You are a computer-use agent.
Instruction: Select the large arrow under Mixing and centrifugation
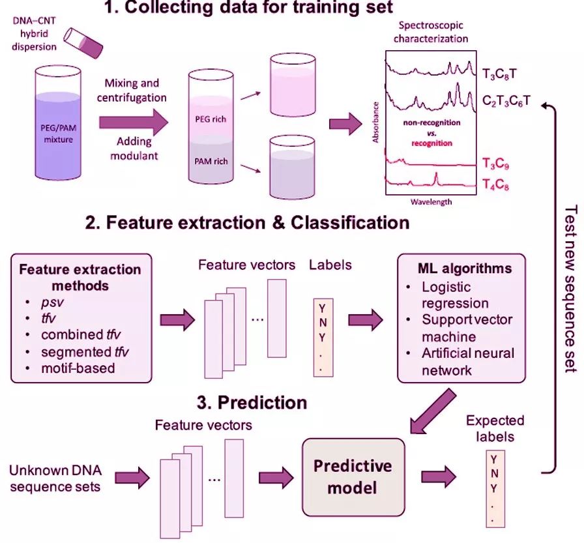point(133,122)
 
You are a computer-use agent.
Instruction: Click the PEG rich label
point(211,119)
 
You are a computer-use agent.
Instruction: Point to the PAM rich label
point(211,160)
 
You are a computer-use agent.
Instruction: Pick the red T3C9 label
point(495,163)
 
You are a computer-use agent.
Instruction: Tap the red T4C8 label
point(495,185)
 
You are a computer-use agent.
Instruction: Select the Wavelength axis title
point(431,201)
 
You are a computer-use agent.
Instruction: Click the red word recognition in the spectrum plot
point(431,143)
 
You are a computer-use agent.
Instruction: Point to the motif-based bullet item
point(78,368)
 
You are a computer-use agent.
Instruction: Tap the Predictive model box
point(353,476)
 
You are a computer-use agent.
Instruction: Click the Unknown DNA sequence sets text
point(55,478)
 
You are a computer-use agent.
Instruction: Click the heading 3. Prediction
point(252,402)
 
